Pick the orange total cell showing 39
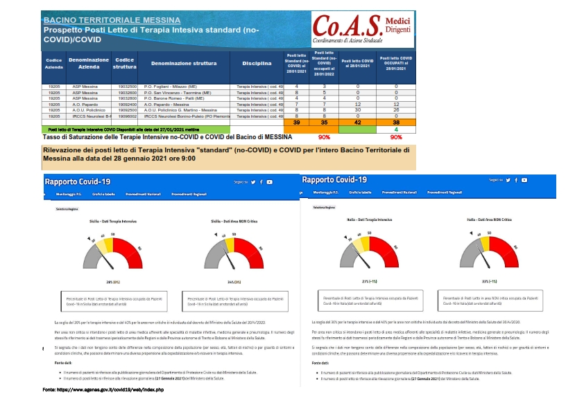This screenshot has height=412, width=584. coord(296,122)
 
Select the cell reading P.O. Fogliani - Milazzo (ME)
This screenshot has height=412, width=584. coord(175,86)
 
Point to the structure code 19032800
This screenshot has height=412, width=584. coord(126,98)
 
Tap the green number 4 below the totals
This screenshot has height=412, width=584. coord(395,129)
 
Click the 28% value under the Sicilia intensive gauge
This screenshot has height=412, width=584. coord(109,283)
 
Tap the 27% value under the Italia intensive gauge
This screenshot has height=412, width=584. coord(369,281)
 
